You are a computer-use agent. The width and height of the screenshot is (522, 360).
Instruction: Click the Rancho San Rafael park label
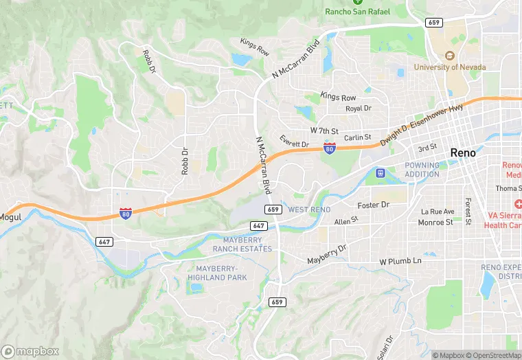(x=357, y=12)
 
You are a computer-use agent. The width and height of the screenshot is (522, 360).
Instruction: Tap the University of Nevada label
(x=449, y=67)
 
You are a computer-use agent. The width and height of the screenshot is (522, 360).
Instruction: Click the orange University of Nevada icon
(x=450, y=56)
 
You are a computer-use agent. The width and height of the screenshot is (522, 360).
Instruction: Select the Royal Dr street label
(x=358, y=109)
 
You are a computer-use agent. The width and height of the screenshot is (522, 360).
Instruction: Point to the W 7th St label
(x=324, y=131)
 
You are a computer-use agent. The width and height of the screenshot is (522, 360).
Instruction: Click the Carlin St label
(x=357, y=137)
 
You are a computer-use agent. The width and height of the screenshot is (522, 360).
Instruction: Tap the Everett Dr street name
(x=295, y=142)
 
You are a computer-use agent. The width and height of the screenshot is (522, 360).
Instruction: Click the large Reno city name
(x=463, y=153)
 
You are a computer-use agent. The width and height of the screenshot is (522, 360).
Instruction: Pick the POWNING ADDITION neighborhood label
(x=422, y=170)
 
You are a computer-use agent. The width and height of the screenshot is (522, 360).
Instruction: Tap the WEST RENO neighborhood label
(x=309, y=210)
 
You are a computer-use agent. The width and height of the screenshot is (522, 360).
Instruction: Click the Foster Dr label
(x=374, y=205)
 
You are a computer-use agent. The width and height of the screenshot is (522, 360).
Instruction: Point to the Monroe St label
(x=435, y=222)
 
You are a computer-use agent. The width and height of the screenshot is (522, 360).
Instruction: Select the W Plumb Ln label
(x=400, y=262)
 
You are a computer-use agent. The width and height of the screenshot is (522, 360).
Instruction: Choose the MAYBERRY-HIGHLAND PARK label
(x=217, y=273)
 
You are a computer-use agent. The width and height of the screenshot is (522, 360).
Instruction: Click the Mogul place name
(x=10, y=217)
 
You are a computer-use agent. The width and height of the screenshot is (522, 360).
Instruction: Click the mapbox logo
(x=30, y=350)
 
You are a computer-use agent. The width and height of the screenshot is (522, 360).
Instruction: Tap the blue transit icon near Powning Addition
(x=380, y=172)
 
